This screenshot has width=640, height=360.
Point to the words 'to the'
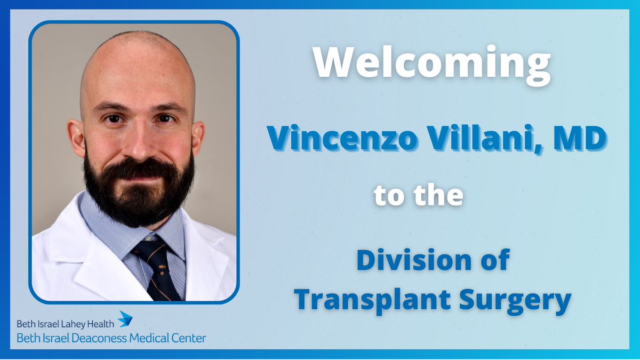click(418, 196)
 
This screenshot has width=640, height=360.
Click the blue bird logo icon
click(124, 319)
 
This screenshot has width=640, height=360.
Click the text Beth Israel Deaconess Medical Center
click(111, 338)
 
